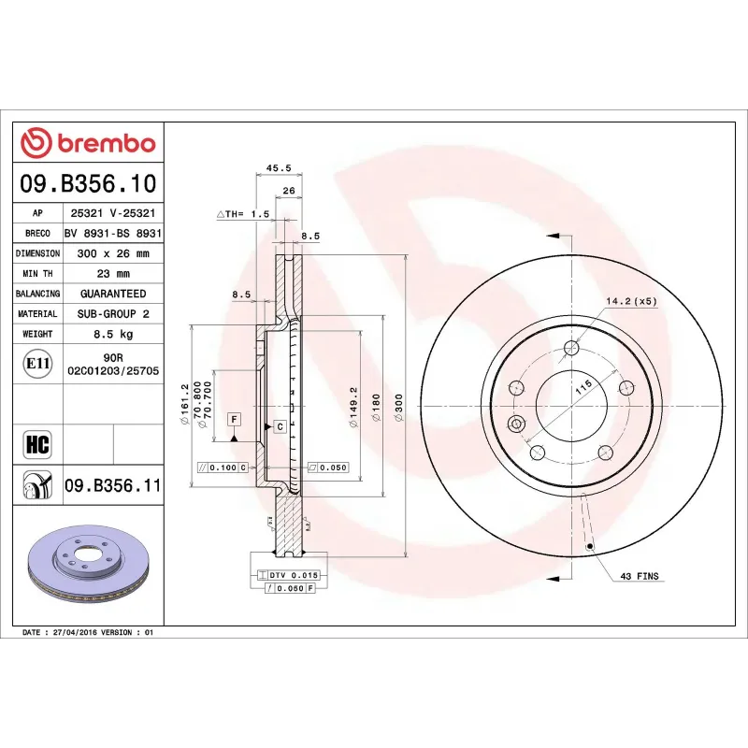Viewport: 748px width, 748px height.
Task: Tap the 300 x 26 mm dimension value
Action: [112, 253]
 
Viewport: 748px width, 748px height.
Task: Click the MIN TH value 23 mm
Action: [112, 274]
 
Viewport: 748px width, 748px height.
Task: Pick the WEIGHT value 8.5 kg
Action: [112, 334]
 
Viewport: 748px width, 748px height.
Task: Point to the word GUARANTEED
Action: [112, 294]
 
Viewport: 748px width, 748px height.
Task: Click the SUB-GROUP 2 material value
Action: [112, 314]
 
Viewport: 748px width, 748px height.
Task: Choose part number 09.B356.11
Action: [112, 485]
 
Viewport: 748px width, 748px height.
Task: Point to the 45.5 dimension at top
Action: [279, 168]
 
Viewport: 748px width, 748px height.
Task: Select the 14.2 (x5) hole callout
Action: [632, 301]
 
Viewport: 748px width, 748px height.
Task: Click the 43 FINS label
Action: [640, 577]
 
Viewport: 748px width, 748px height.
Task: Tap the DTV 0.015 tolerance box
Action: [294, 574]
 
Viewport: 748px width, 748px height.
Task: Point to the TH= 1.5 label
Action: [244, 214]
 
